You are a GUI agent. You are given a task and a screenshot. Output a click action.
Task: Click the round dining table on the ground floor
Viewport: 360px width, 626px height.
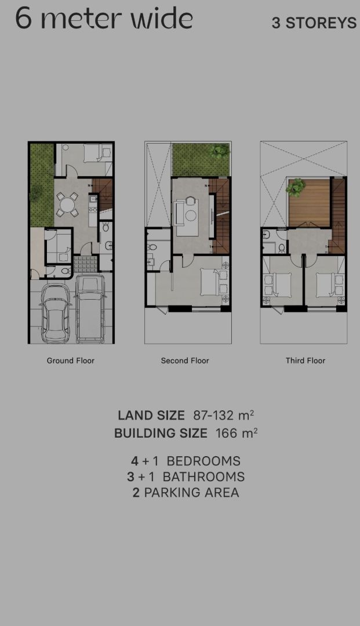(67, 205)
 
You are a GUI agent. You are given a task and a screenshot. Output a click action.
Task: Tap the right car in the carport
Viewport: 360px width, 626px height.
(90, 308)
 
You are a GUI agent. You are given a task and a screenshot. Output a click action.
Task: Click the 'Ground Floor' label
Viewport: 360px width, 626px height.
(71, 361)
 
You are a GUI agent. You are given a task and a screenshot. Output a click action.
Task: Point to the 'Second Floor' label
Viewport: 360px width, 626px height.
(185, 361)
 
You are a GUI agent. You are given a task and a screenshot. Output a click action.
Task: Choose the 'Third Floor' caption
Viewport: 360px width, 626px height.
(306, 361)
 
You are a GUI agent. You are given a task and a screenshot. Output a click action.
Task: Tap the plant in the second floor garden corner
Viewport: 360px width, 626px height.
(220, 151)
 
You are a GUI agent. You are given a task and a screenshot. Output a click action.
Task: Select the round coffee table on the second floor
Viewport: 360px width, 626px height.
(191, 216)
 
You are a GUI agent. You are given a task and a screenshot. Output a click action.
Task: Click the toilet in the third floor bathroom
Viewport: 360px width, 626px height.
(282, 248)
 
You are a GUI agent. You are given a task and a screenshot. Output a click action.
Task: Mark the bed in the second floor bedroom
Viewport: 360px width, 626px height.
(210, 282)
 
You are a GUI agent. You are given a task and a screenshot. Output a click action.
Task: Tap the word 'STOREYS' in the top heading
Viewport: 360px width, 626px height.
(321, 23)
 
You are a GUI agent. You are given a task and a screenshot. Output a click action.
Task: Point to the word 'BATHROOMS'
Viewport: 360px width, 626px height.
(203, 476)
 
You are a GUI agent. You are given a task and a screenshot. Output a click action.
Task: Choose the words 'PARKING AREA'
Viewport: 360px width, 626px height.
(191, 493)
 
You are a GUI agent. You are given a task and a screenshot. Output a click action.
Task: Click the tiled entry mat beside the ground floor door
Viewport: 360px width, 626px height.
(85, 264)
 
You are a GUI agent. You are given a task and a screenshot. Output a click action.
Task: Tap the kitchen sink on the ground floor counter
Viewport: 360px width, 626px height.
(93, 198)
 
